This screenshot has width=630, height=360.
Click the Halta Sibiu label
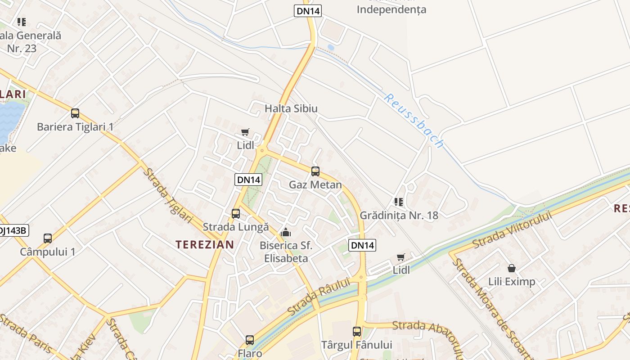(291, 108)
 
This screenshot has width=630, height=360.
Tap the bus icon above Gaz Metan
(315, 171)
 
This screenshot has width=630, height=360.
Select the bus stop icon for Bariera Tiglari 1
(75, 113)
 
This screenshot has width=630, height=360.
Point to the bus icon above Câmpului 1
(48, 238)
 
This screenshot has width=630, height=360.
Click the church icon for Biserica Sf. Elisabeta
(285, 233)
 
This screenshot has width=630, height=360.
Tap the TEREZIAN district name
(205, 245)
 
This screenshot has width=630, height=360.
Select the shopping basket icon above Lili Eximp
(512, 268)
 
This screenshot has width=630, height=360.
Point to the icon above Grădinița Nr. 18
(398, 202)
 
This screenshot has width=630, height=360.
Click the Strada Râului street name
(319, 297)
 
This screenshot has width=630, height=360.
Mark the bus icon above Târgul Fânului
(357, 332)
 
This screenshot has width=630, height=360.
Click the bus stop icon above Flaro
(250, 340)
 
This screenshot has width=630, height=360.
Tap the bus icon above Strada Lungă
(236, 213)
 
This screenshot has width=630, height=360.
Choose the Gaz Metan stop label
(315, 185)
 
